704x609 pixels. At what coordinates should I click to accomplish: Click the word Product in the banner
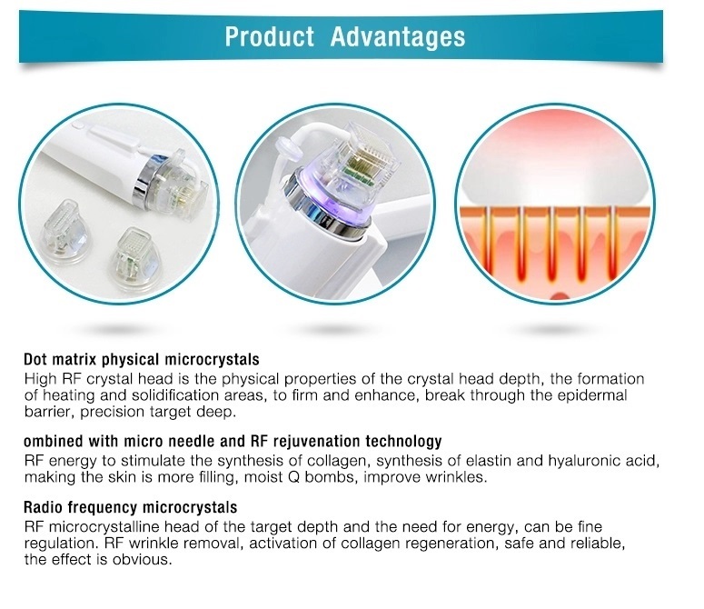pos(269,36)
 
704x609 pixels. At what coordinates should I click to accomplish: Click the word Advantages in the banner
pos(398,36)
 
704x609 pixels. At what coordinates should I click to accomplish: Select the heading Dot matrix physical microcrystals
pos(142,359)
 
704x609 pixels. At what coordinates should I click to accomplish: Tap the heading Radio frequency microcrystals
pos(130,507)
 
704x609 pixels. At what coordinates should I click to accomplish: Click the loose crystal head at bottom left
pos(64,232)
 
